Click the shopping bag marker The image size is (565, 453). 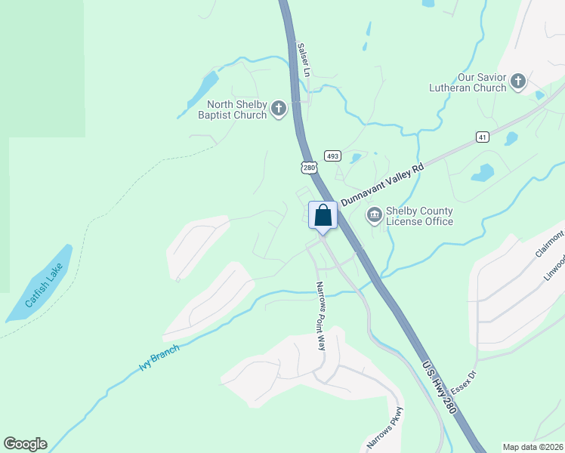tap(323, 216)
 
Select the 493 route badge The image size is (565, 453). tap(332, 155)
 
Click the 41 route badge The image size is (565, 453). tap(483, 137)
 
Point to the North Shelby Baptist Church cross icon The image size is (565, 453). tap(279, 109)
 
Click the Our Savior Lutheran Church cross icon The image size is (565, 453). tap(518, 82)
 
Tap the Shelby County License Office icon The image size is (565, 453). tap(374, 216)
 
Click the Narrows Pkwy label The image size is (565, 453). tap(386, 429)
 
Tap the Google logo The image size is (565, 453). tap(25, 444)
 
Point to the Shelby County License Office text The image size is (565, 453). tap(419, 216)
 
